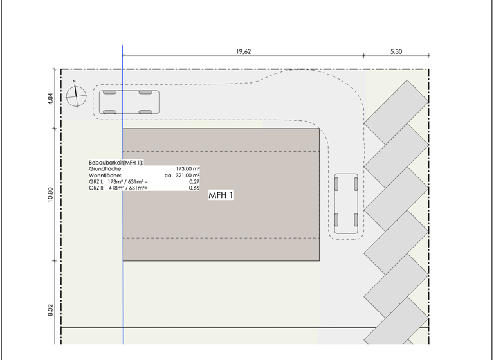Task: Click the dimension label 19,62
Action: tap(244, 51)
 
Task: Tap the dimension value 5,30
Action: tap(396, 51)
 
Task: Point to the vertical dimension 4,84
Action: tap(51, 98)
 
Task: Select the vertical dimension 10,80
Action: tap(51, 195)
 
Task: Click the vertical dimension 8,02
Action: tap(51, 310)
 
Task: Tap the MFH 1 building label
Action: tap(221, 195)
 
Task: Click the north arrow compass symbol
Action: tap(76, 96)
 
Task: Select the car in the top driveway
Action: tap(129, 102)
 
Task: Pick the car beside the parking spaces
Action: tap(346, 204)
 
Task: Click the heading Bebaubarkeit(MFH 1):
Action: tap(116, 163)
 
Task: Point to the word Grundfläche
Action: tap(105, 169)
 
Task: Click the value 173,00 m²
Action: tap(188, 169)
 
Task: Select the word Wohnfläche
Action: tap(105, 175)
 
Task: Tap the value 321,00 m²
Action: tap(187, 175)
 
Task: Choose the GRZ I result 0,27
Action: tap(194, 182)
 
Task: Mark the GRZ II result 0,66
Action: tap(194, 188)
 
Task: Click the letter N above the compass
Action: tap(75, 81)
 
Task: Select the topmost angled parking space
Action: tap(396, 113)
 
